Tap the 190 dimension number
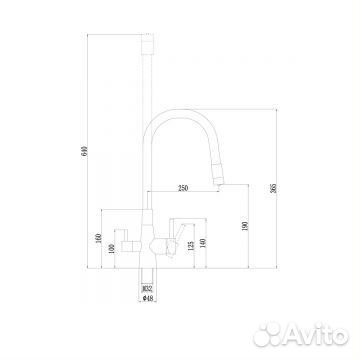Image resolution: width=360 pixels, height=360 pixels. coord(243,227)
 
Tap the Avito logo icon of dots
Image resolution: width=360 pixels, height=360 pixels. coord(267,331)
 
